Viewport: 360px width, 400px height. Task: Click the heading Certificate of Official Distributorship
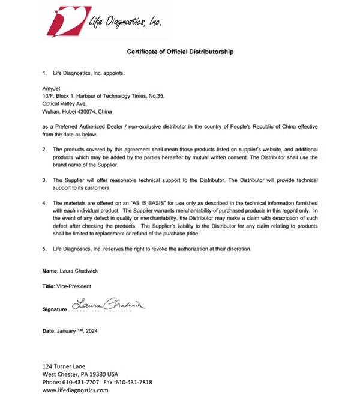point(180,52)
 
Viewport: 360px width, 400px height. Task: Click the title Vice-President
point(74,286)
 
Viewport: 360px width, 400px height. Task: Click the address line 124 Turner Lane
point(64,366)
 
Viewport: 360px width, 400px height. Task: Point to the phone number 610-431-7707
point(82,382)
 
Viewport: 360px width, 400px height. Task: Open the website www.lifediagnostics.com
point(75,390)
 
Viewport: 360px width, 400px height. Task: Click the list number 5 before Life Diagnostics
point(44,249)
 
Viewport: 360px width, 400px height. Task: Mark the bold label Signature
point(55,309)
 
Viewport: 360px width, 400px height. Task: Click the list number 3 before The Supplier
point(44,180)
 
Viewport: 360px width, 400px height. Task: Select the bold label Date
point(48,330)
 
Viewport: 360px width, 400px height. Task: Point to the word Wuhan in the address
point(50,111)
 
